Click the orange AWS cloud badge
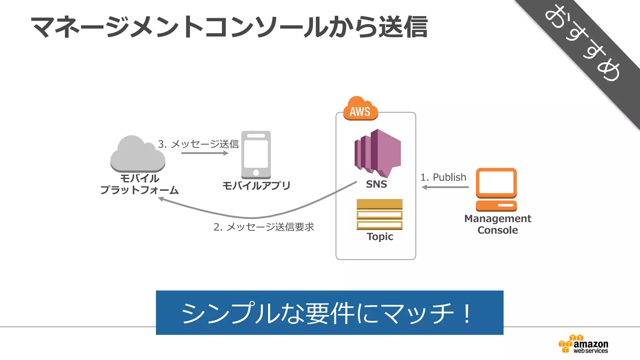pyautogui.click(x=360, y=109)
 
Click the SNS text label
pyautogui.click(x=376, y=184)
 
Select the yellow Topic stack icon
pyautogui.click(x=379, y=214)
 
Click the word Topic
pyautogui.click(x=380, y=237)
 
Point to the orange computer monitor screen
pyautogui.click(x=496, y=182)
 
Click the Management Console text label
pyautogui.click(x=497, y=224)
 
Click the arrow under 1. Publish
pyautogui.click(x=445, y=187)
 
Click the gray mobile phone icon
pyautogui.click(x=256, y=155)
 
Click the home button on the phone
pyautogui.click(x=256, y=172)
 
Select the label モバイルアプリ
pyautogui.click(x=256, y=186)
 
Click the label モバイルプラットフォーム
pyautogui.click(x=139, y=184)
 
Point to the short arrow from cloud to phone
pyautogui.click(x=205, y=153)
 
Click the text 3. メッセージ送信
pyautogui.click(x=198, y=144)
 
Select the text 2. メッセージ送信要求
pyautogui.click(x=263, y=227)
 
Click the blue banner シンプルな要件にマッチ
pyautogui.click(x=329, y=312)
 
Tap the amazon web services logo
pyautogui.click(x=583, y=344)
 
